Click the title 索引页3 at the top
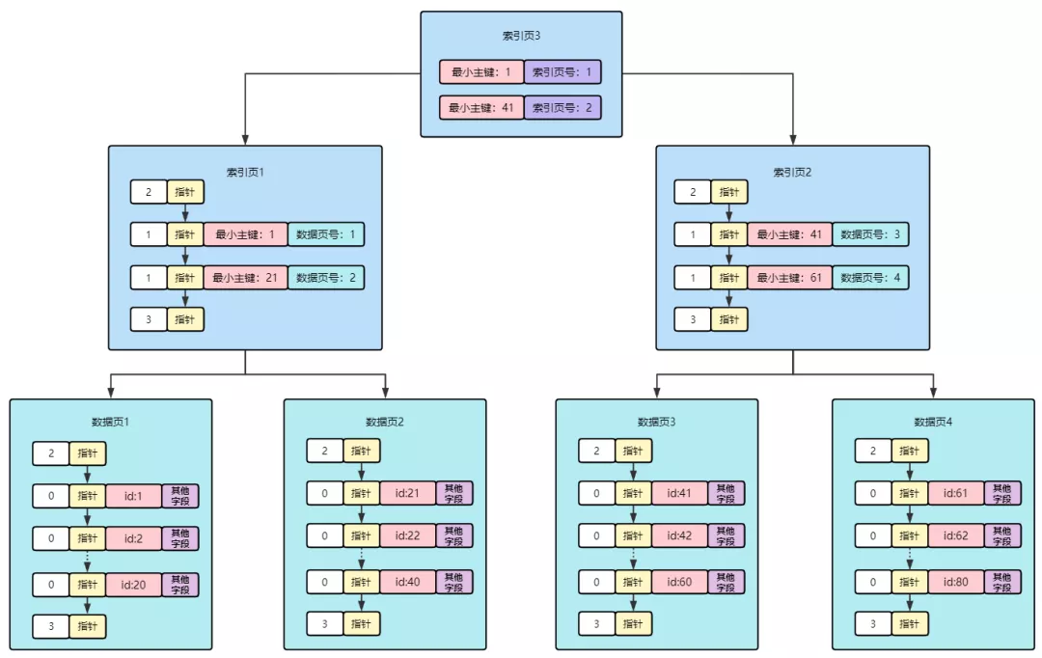521,36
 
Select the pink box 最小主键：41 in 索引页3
481,107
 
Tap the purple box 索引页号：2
562,107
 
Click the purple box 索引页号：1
562,71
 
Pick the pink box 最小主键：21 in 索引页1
245,278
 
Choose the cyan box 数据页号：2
326,278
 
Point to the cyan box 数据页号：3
870,234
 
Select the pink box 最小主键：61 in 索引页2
789,278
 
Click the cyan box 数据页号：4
870,278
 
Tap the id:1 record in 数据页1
133,496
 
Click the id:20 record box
133,584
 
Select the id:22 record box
407,537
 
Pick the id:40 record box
407,582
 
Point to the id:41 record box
679,494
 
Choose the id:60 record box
679,582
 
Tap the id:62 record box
955,537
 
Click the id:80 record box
955,582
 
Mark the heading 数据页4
934,422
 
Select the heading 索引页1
245,173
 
